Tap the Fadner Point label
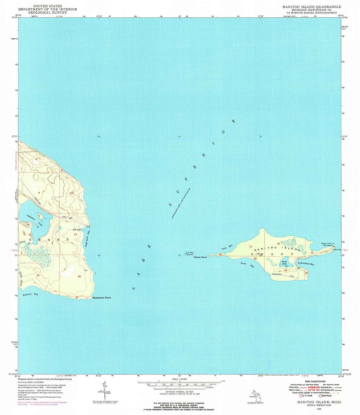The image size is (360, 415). [x=200, y=257]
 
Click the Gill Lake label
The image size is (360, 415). [x=77, y=229]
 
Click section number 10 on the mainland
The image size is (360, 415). [x=71, y=193]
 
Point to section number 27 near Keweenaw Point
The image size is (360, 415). [x=77, y=297]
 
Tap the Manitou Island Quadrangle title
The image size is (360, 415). [x=312, y=7]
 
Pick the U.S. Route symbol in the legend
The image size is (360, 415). [x=302, y=396]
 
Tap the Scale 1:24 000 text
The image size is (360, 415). [x=179, y=379]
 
